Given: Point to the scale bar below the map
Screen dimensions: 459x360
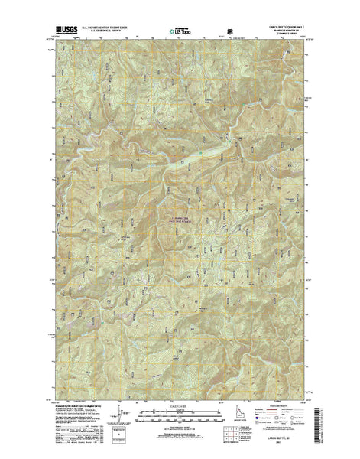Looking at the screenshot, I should (x=180, y=411).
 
